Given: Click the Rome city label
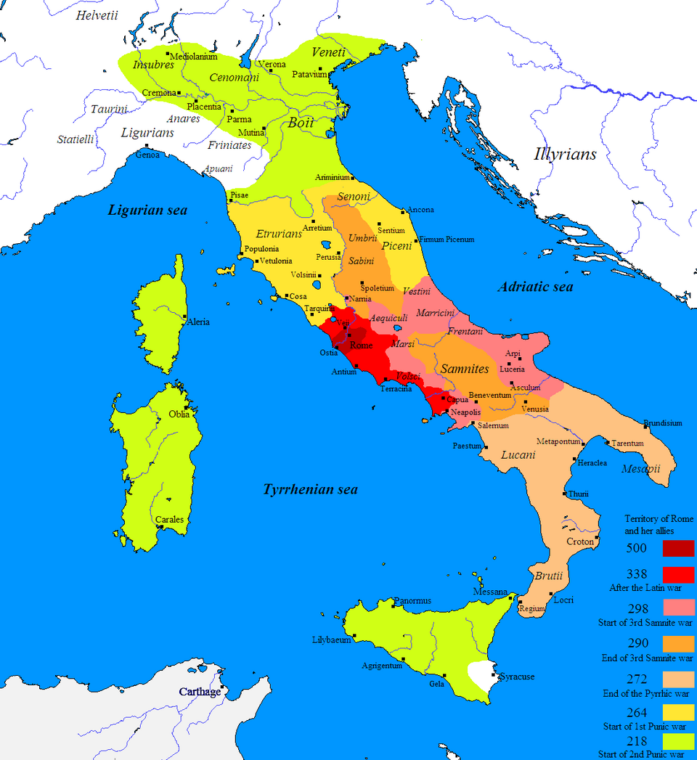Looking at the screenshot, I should point(361,346).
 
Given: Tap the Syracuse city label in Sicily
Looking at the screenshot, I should point(517,677).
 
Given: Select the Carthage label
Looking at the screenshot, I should point(200,692).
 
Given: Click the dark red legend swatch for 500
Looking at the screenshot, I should point(674,548).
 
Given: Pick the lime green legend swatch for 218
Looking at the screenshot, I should point(674,742).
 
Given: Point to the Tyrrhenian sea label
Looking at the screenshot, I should point(310,490).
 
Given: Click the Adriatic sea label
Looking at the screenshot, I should point(535,287).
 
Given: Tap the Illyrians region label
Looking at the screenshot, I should point(565,154).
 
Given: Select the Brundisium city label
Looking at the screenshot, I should point(662,423).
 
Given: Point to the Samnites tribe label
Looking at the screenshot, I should point(465,369).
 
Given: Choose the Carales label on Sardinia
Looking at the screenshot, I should point(169,520).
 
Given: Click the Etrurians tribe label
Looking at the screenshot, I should point(279,234).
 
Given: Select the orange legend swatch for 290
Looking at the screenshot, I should point(674,644).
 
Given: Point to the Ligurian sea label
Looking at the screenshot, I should point(147,211).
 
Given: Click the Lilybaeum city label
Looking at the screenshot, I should point(331,640).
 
